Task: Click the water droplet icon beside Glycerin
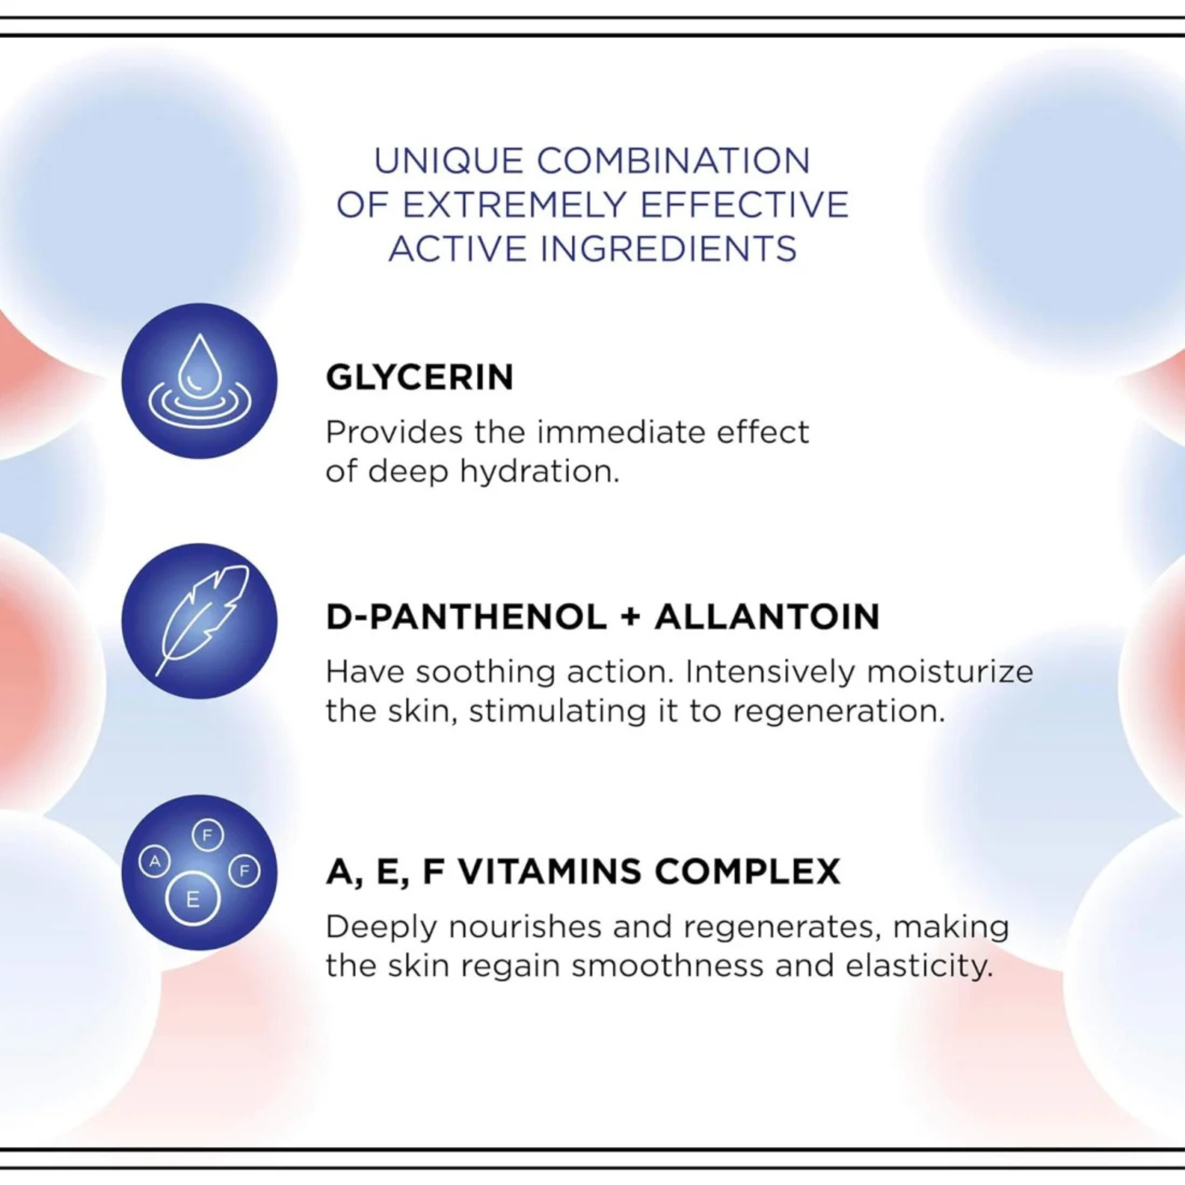click(x=199, y=381)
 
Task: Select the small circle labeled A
click(x=155, y=861)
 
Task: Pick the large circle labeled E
click(x=193, y=899)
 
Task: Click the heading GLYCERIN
click(x=419, y=377)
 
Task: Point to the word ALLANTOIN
click(x=767, y=617)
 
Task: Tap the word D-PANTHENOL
click(x=467, y=617)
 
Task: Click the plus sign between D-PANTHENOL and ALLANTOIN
click(x=630, y=617)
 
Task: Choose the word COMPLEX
click(x=747, y=872)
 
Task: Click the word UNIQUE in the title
click(x=449, y=161)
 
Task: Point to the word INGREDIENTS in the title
click(x=668, y=249)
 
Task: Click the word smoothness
click(x=668, y=966)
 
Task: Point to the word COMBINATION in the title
click(x=674, y=161)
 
